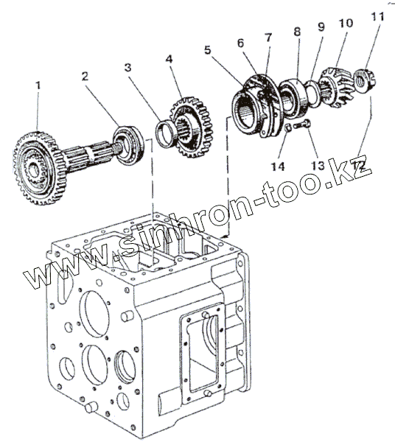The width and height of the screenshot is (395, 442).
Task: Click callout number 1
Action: [38, 85]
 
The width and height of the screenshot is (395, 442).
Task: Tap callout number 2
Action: [85, 76]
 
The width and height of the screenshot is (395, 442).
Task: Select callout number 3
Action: [127, 67]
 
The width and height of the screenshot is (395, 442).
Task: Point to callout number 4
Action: [169, 59]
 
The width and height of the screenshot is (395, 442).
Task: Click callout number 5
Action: [208, 50]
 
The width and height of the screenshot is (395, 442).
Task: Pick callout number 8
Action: [297, 31]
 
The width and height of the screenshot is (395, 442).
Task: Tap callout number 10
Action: [346, 23]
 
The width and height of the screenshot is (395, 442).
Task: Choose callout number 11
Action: [377, 16]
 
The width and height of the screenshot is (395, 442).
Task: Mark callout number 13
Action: [318, 166]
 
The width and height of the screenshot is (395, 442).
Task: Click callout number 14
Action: [278, 166]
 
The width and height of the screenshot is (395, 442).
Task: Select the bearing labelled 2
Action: [128, 146]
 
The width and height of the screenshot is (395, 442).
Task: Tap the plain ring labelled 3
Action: [166, 133]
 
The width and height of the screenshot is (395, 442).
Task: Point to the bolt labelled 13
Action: [302, 125]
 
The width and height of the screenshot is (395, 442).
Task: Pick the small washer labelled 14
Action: [288, 127]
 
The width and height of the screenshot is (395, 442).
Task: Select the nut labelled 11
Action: [364, 79]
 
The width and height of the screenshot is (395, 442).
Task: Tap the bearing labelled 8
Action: [293, 97]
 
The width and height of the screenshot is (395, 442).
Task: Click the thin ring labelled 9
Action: [312, 94]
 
